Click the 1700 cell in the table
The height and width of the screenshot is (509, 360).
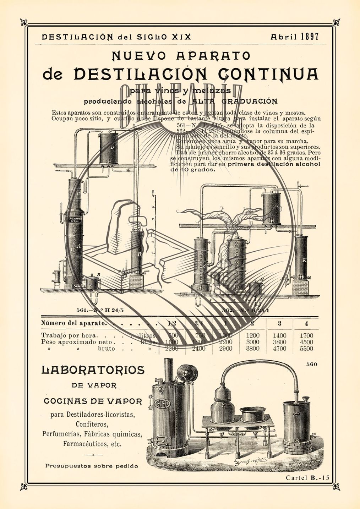(x=306, y=335)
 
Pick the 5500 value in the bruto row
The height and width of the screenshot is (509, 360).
(x=306, y=349)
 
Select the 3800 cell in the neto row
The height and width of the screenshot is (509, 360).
(x=279, y=342)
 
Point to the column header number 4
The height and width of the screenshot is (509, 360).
(x=306, y=323)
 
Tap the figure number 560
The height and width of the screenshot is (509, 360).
(x=311, y=364)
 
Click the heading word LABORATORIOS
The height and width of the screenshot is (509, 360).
(x=93, y=370)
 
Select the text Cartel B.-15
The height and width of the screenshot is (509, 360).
(x=307, y=478)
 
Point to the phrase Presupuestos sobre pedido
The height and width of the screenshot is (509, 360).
(x=92, y=466)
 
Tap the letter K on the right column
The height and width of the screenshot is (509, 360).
(x=304, y=260)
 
